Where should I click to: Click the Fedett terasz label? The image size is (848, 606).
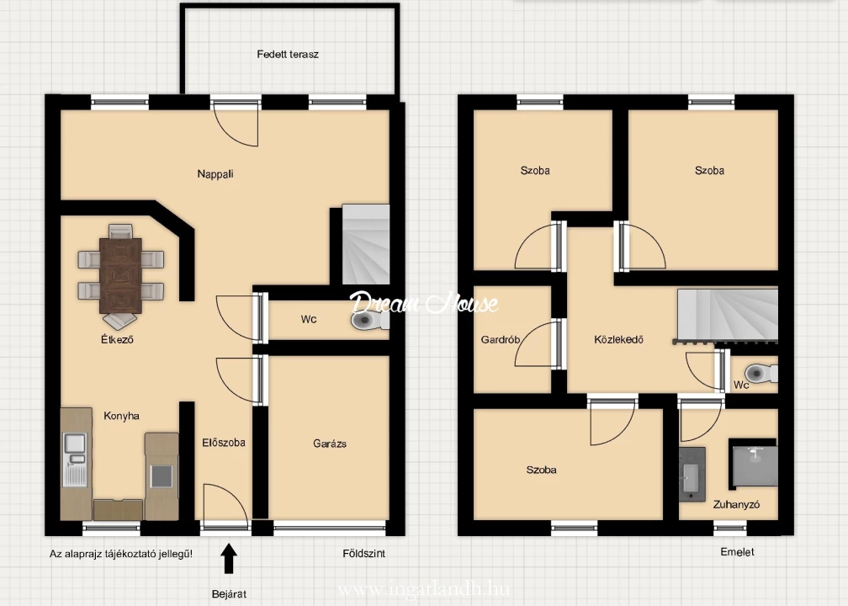click(288, 54)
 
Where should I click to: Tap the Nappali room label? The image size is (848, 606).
click(215, 173)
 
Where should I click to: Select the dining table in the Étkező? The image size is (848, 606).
click(120, 275)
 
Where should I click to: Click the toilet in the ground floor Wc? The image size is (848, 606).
click(369, 321)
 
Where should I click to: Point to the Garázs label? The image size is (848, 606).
click(330, 444)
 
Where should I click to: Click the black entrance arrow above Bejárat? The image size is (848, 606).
click(230, 558)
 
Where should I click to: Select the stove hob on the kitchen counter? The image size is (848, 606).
click(162, 476)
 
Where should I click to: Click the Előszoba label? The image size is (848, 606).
click(224, 443)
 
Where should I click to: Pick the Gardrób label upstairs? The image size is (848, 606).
click(501, 340)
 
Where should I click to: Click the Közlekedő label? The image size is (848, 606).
click(618, 340)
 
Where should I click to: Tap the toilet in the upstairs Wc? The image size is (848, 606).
click(761, 373)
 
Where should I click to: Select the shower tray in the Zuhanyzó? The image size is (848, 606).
click(753, 461)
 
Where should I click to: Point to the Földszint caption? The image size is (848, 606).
click(364, 554)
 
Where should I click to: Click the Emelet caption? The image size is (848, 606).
click(737, 552)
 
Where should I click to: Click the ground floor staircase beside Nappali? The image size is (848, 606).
click(366, 244)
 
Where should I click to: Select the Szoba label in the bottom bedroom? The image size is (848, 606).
click(542, 470)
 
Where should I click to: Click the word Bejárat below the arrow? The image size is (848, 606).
click(230, 594)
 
